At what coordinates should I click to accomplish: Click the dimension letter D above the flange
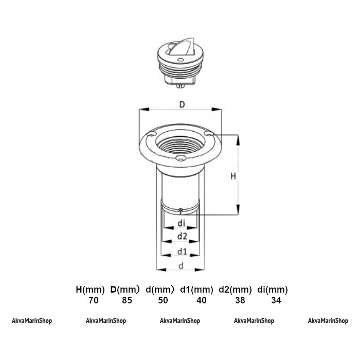[182, 105]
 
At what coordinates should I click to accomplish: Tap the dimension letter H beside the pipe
[233, 176]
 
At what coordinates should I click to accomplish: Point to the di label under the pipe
[182, 223]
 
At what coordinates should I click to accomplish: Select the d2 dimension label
[182, 236]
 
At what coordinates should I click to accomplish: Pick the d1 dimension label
[182, 251]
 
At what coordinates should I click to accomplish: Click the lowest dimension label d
[181, 266]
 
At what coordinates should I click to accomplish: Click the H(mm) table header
[90, 290]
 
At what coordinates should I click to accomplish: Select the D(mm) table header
[125, 290]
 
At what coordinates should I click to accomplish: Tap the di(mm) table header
[273, 290]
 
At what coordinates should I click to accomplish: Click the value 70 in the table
[94, 300]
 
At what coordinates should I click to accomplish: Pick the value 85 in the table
[127, 300]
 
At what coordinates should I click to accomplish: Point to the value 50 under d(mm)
[163, 300]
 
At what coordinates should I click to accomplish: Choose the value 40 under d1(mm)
[202, 300]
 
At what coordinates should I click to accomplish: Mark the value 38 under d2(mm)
[240, 300]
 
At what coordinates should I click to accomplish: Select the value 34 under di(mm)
[276, 300]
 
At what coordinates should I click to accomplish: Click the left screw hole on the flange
[152, 134]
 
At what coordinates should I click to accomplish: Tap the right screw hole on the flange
[209, 133]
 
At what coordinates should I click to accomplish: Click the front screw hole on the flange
[180, 158]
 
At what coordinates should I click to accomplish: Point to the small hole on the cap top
[181, 60]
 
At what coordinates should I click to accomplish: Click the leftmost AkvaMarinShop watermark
[32, 321]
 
